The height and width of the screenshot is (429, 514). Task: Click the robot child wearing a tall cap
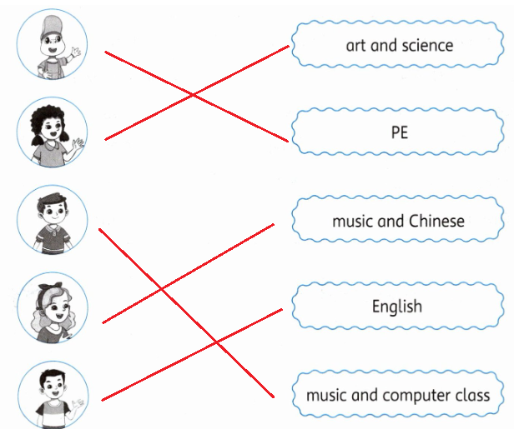pyautogui.click(x=51, y=45)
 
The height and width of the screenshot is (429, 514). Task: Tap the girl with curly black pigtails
pyautogui.click(x=52, y=132)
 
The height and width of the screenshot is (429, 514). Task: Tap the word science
pyautogui.click(x=426, y=44)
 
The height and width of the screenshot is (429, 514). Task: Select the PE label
pyautogui.click(x=399, y=132)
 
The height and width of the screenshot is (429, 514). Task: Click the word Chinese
pyautogui.click(x=436, y=221)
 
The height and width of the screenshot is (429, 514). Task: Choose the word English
pyautogui.click(x=397, y=307)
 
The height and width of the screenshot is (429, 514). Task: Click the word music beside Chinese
pyautogui.click(x=353, y=221)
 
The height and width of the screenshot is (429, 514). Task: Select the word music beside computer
pyautogui.click(x=326, y=394)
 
